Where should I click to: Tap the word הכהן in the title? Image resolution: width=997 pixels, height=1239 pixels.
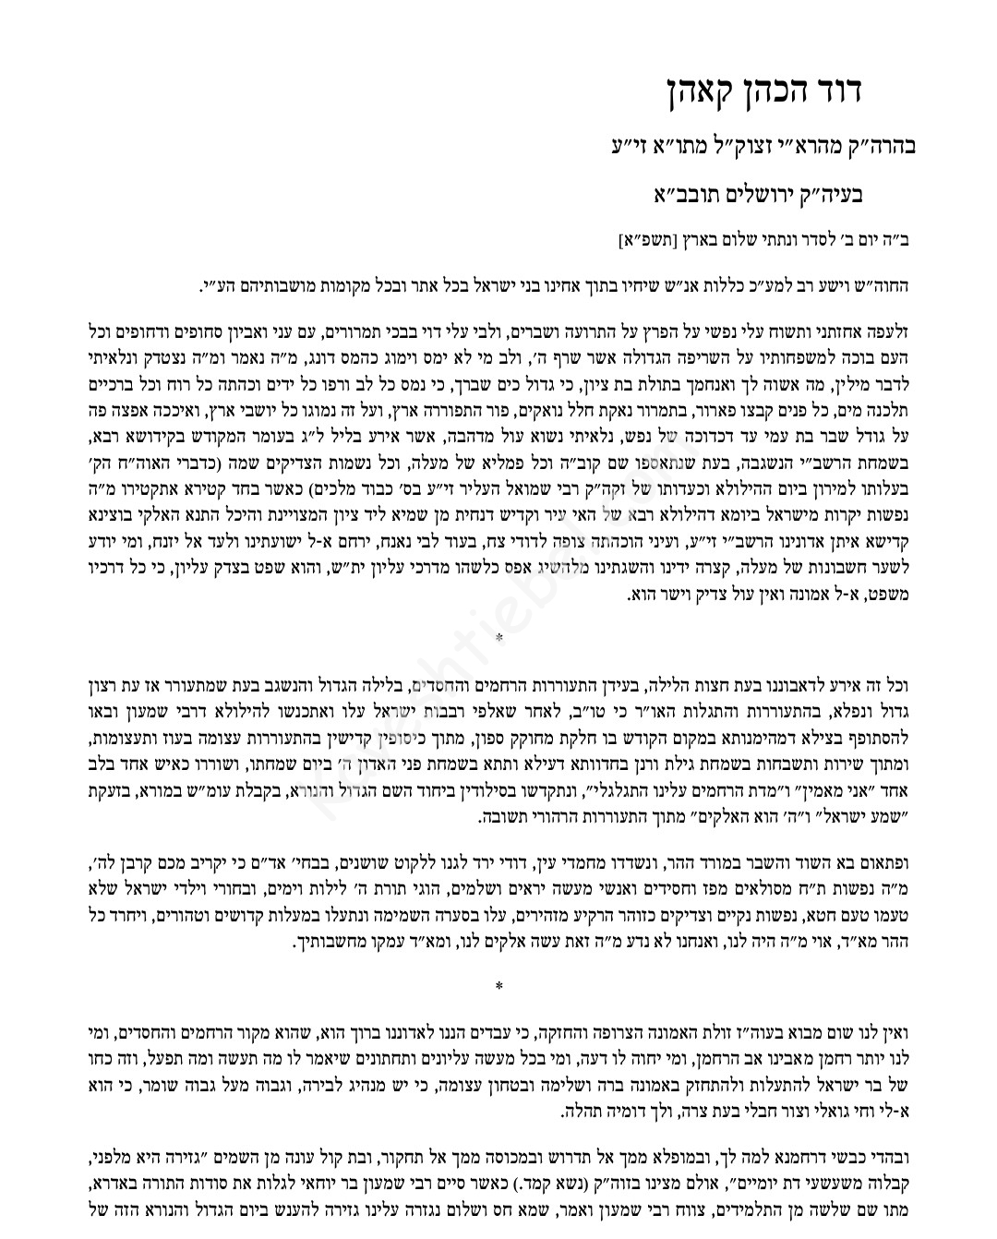click(787, 91)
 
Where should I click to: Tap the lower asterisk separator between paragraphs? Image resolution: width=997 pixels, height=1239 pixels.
click(498, 987)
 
